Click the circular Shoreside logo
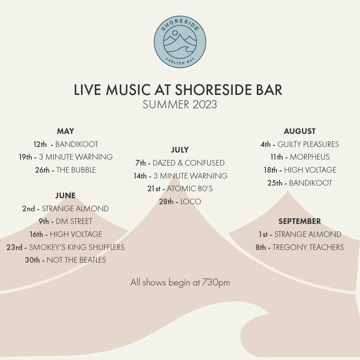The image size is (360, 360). pyautogui.click(x=180, y=42)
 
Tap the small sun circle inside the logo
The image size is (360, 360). pyautogui.click(x=175, y=33)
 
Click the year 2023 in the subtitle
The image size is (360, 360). pyautogui.click(x=205, y=104)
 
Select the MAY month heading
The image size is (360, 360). pyautogui.click(x=65, y=131)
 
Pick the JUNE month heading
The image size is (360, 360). pyautogui.click(x=65, y=195)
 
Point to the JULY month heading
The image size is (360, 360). pyautogui.click(x=180, y=150)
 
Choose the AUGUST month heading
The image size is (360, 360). pyautogui.click(x=300, y=131)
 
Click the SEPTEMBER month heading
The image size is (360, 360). pyautogui.click(x=300, y=221)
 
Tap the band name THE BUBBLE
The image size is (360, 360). pyautogui.click(x=76, y=170)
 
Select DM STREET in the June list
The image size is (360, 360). pyautogui.click(x=74, y=221)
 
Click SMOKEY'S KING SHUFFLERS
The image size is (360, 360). pyautogui.click(x=77, y=247)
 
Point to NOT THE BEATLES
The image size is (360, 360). pyautogui.click(x=76, y=260)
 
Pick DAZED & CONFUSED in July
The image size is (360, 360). pyautogui.click(x=188, y=163)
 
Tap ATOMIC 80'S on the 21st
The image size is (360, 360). pyautogui.click(x=189, y=188)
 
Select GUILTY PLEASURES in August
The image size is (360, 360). pyautogui.click(x=308, y=144)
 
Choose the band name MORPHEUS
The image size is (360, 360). pyautogui.click(x=309, y=157)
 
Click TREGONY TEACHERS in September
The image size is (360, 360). pyautogui.click(x=308, y=247)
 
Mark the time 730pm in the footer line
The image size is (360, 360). pyautogui.click(x=216, y=282)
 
